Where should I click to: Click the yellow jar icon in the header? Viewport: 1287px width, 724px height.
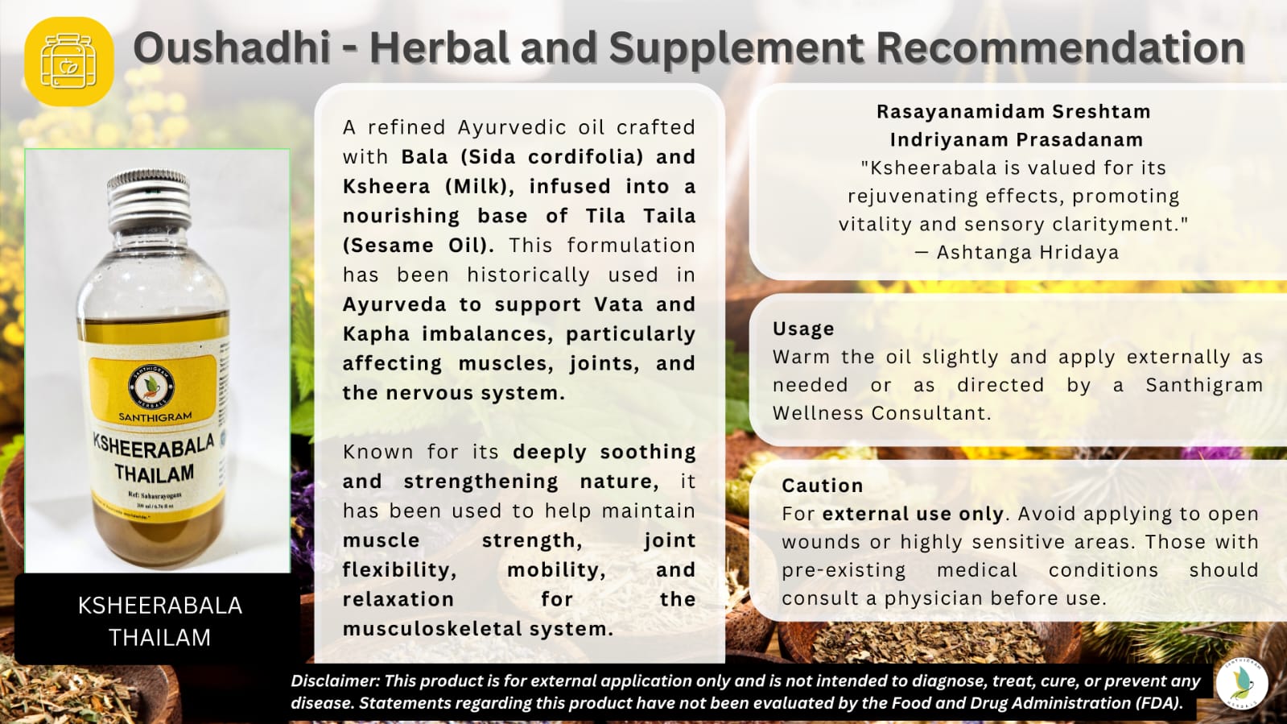[69, 61]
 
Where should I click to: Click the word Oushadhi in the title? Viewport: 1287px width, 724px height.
[232, 48]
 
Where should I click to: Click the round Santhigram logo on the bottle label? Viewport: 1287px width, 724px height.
[152, 386]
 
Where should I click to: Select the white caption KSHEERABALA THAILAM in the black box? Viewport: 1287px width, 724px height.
[159, 621]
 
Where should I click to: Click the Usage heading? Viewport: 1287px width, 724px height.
[803, 329]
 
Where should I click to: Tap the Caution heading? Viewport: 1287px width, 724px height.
[822, 486]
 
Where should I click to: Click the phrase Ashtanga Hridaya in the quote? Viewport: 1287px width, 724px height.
[1027, 252]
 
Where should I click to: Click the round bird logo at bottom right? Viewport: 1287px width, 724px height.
[1242, 684]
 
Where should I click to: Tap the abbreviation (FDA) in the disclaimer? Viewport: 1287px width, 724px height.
[1158, 702]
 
